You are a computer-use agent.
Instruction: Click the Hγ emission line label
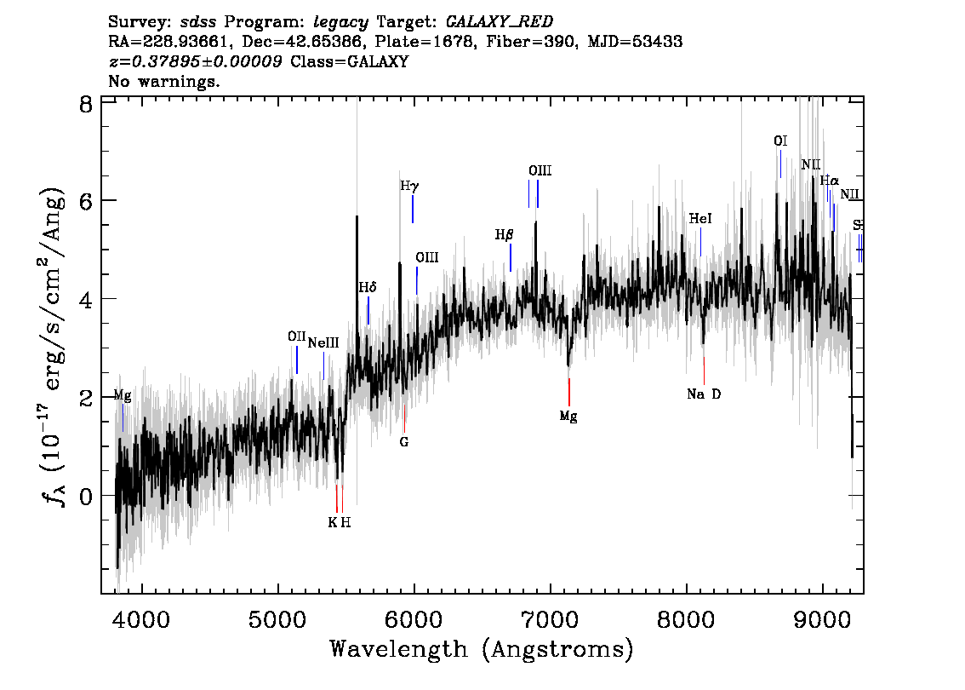pos(409,186)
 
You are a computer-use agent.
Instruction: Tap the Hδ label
pos(367,287)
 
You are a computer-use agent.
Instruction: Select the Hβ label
pos(505,234)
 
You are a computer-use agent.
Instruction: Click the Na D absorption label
pos(704,394)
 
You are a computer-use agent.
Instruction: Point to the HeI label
pos(699,219)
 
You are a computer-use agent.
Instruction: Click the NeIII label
pos(323,343)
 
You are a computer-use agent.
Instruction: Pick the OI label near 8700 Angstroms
pos(780,141)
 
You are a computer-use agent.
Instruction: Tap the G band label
pos(404,442)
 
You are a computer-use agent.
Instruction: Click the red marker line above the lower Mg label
pos(568,392)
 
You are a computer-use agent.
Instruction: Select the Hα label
pos(829,181)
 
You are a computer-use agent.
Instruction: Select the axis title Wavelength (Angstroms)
pos(482,650)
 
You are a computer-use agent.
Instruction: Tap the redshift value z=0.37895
pos(196,62)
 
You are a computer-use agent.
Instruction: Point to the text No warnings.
pos(164,82)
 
